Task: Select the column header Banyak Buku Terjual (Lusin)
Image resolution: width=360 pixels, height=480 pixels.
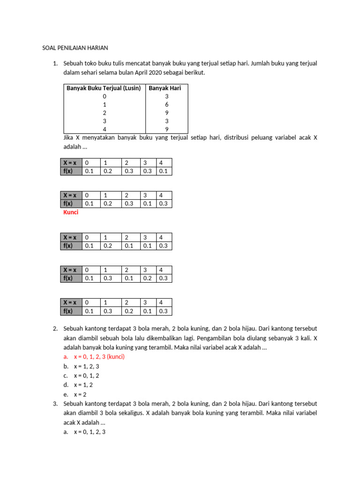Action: click(104, 88)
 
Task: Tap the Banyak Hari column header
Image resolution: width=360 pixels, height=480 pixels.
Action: click(165, 88)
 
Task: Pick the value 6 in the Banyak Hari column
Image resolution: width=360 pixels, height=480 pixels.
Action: click(166, 105)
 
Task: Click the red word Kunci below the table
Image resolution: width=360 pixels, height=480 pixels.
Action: click(71, 212)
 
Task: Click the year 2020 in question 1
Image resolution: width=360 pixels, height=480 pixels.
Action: click(162, 73)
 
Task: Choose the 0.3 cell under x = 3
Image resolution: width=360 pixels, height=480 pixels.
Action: click(148, 171)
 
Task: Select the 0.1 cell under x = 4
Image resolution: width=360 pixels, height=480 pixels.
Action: click(163, 171)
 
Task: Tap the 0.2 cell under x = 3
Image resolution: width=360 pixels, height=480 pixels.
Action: click(148, 278)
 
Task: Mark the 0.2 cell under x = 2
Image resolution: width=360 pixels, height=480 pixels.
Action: click(129, 311)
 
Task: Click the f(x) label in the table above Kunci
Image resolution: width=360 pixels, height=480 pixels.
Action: click(68, 203)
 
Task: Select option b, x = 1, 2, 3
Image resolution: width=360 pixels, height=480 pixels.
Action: click(86, 366)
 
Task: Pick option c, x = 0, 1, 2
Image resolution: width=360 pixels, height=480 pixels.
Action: click(86, 375)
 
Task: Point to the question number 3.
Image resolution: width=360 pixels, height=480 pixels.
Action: click(55, 404)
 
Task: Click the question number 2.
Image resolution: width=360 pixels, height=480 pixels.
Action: click(55, 329)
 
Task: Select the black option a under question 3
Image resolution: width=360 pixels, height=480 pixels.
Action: click(90, 432)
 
